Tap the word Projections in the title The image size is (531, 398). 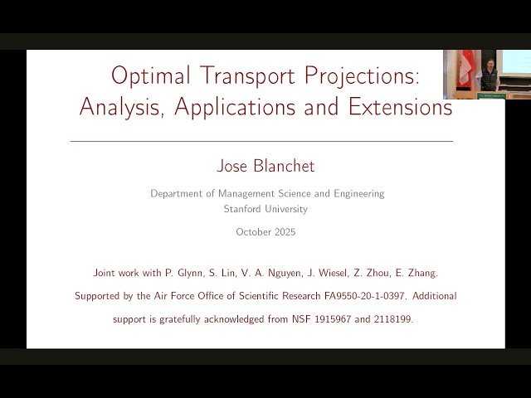(359, 77)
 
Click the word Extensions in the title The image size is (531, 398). (397, 107)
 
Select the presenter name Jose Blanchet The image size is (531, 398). (265, 166)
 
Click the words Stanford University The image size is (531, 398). (265, 209)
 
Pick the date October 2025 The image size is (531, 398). (265, 232)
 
